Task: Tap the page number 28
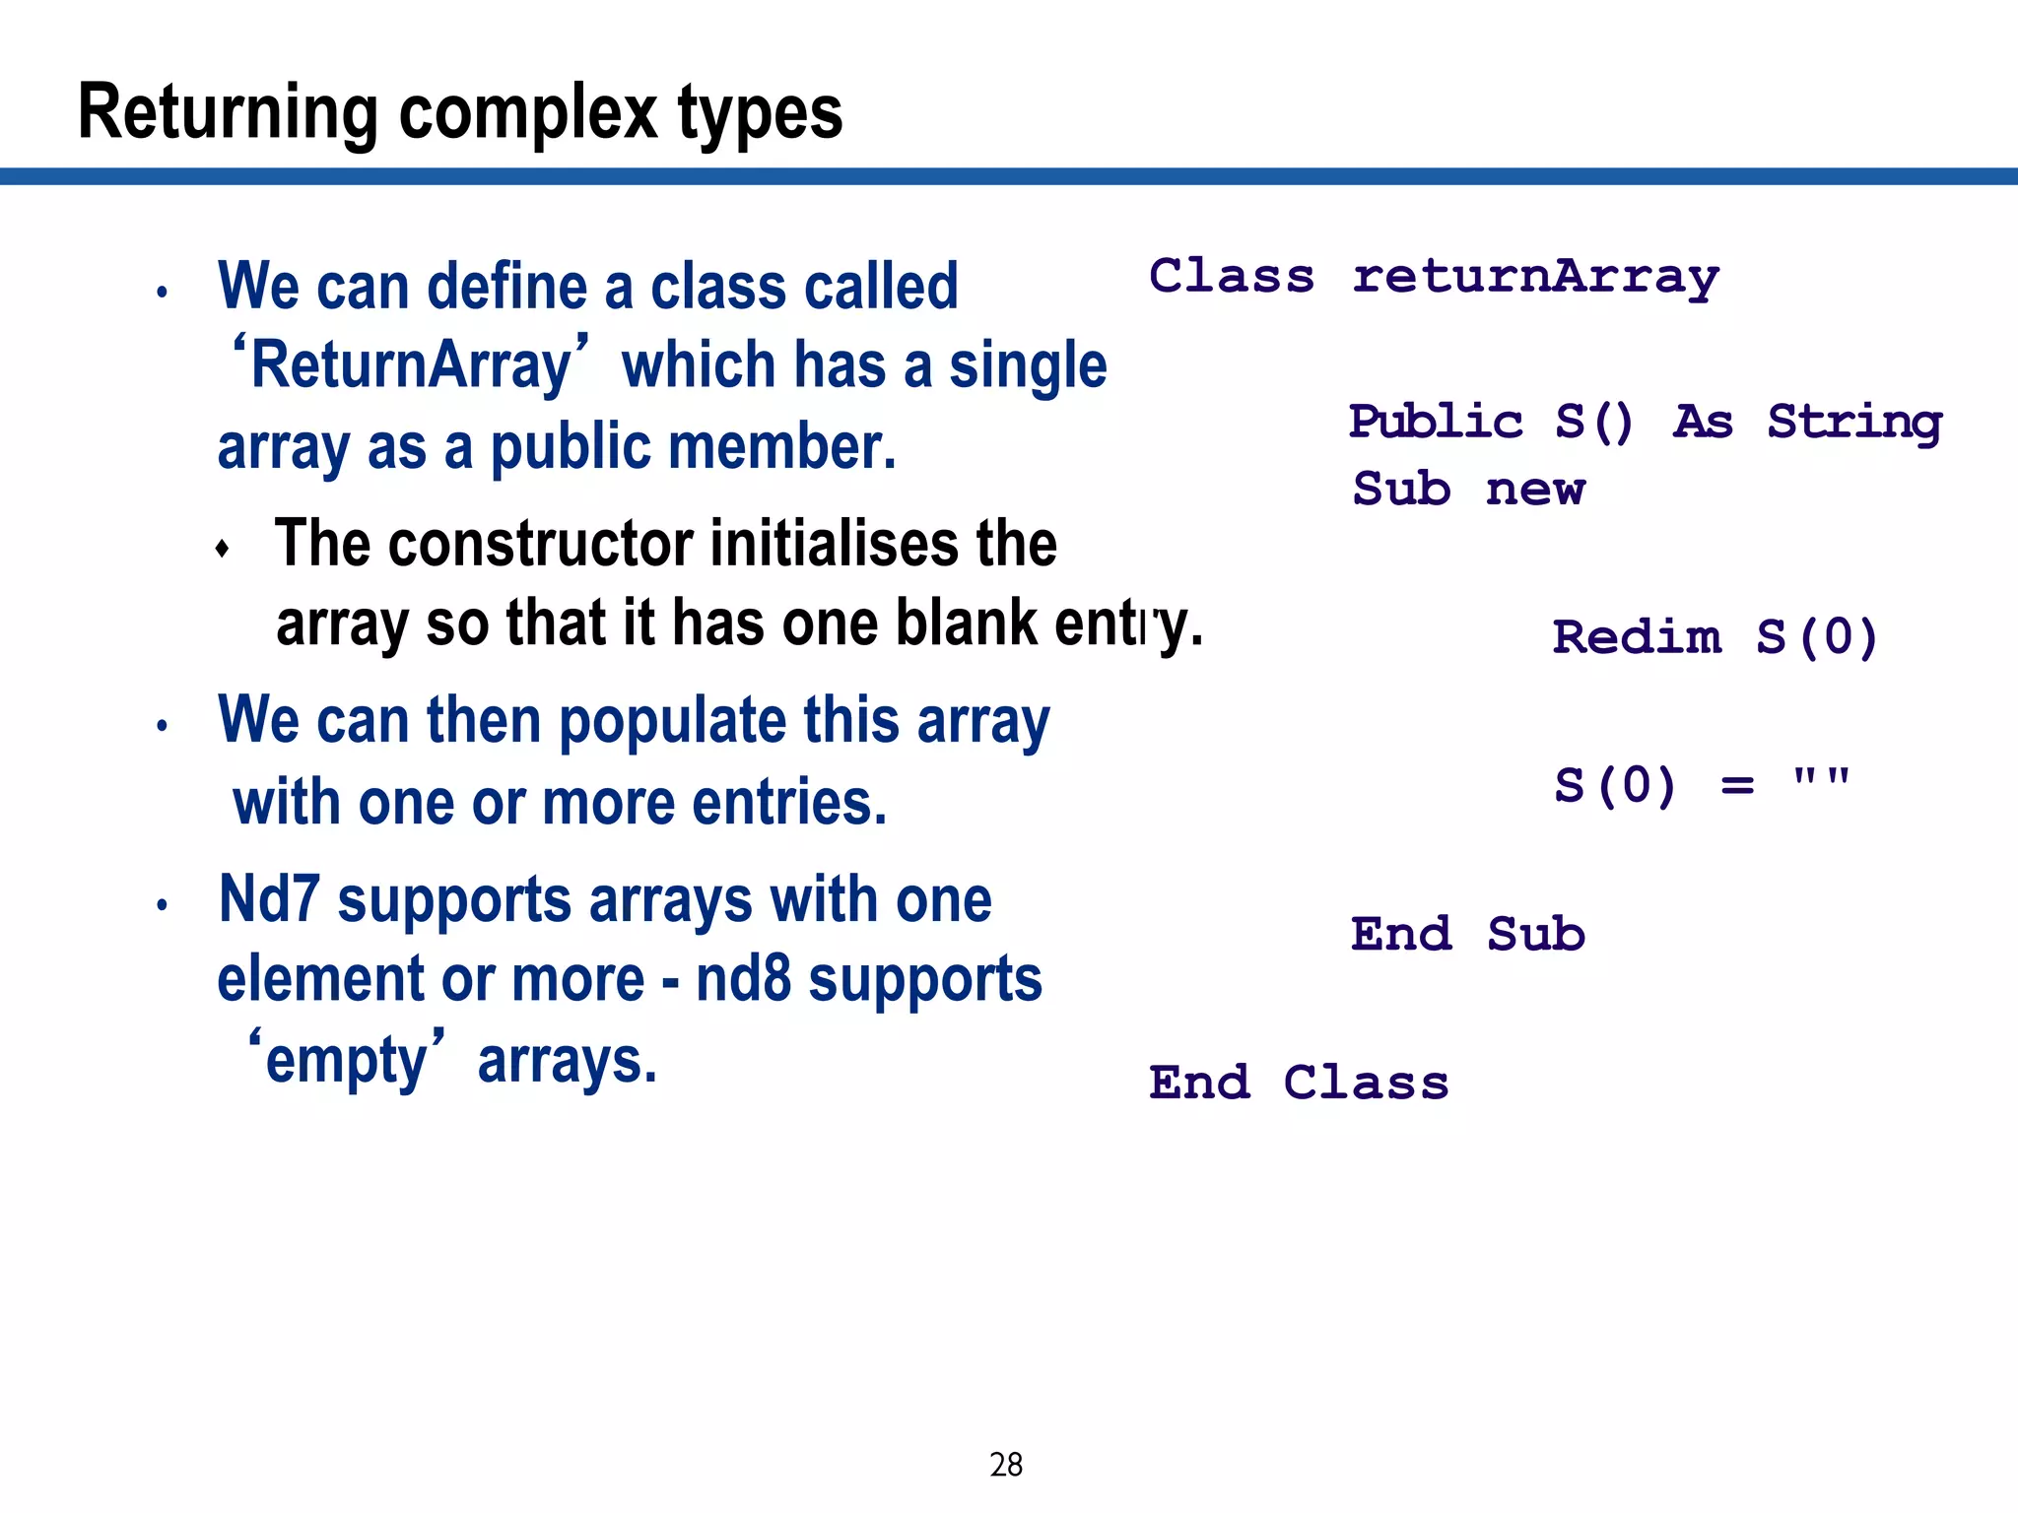(1006, 1465)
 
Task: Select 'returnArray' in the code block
(1535, 277)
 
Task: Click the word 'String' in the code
(1854, 423)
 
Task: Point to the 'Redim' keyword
(1637, 637)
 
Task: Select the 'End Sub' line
(1467, 934)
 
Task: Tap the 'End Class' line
(1299, 1083)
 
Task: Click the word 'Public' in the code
(1436, 423)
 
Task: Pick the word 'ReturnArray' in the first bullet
(411, 365)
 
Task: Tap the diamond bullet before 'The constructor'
(223, 549)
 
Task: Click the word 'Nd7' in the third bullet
(269, 899)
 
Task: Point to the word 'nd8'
(743, 979)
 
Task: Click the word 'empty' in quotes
(347, 1062)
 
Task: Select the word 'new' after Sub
(1535, 490)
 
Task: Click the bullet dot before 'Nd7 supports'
(163, 905)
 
